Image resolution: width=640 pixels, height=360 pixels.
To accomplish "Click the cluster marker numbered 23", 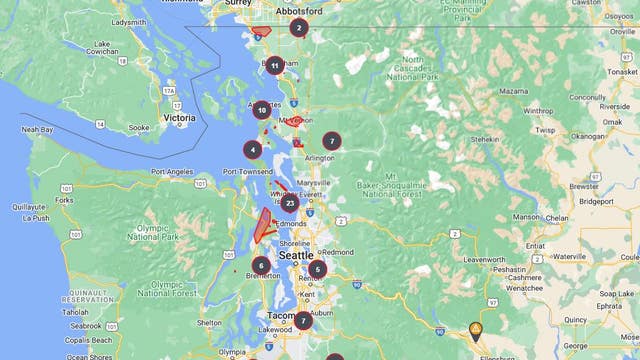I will point(289,203).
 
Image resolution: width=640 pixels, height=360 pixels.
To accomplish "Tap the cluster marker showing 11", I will point(274,66).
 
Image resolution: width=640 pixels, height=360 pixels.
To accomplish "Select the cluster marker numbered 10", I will point(261,110).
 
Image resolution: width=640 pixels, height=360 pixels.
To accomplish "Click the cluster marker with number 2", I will point(298,28).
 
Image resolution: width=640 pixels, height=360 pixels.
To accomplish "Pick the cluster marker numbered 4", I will point(253,150).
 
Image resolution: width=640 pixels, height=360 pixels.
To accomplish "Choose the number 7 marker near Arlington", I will point(331,141).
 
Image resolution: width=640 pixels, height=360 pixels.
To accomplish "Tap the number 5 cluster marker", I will point(317,269).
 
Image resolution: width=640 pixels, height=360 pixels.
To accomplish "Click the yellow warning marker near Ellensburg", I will point(476,330).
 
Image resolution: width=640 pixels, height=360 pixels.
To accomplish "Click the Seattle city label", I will point(296,256).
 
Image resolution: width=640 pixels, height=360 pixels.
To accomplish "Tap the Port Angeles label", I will point(171,171).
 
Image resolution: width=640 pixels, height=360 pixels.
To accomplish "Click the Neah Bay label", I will point(38,129).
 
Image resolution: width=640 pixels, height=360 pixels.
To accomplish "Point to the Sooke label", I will point(138,128).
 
